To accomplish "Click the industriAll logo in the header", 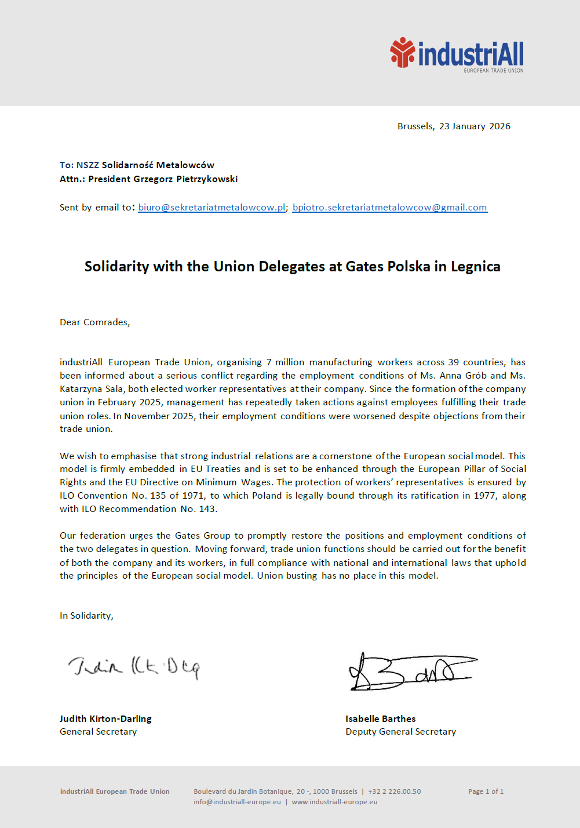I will coord(457,55).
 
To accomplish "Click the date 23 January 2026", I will coord(475,126).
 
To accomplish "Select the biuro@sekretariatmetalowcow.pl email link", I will coord(211,208).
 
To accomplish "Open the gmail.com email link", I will coord(389,208).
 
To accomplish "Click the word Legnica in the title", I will coord(475,267).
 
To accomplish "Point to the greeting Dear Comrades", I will coord(94,322).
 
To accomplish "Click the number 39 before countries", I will coord(453,362).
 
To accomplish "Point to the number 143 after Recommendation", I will coord(207,509).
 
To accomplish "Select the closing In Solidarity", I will coord(86,616).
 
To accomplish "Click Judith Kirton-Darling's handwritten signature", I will coord(134,667).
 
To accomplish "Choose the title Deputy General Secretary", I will coord(400,732).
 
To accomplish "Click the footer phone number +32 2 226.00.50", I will coord(394,791).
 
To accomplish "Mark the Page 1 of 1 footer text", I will coord(486,791).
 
